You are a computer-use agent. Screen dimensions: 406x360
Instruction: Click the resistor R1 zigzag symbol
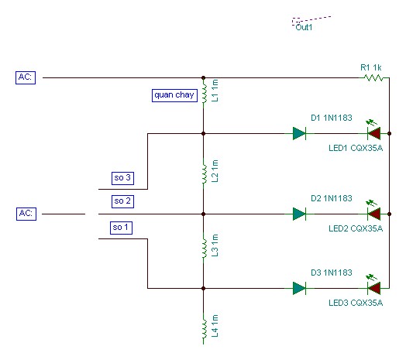click(373, 77)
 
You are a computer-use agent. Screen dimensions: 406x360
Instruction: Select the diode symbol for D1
click(299, 133)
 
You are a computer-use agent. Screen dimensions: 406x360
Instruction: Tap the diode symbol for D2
click(299, 214)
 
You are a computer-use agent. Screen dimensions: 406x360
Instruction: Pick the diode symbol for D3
click(299, 288)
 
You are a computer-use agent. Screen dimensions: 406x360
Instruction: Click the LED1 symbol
click(373, 132)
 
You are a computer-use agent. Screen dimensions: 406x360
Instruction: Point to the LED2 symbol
click(373, 212)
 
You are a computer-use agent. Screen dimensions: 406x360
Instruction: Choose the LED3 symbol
click(373, 286)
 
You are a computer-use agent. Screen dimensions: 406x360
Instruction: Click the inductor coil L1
click(205, 93)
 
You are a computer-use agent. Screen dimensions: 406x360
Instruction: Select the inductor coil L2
click(205, 173)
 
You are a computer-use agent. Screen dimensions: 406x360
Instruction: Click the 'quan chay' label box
click(174, 95)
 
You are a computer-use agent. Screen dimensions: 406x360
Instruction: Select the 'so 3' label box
click(122, 178)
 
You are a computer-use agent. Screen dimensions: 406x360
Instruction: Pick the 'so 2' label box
click(122, 201)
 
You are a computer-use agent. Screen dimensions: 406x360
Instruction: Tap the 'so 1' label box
click(121, 228)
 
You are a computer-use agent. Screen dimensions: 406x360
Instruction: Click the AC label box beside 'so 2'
click(26, 214)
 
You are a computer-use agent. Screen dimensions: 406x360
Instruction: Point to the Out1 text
click(304, 27)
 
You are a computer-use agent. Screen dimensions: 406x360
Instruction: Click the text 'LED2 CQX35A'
click(356, 228)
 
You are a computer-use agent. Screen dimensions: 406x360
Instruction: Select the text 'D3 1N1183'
click(332, 273)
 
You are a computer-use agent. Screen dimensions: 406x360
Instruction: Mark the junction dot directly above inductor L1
click(203, 77)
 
